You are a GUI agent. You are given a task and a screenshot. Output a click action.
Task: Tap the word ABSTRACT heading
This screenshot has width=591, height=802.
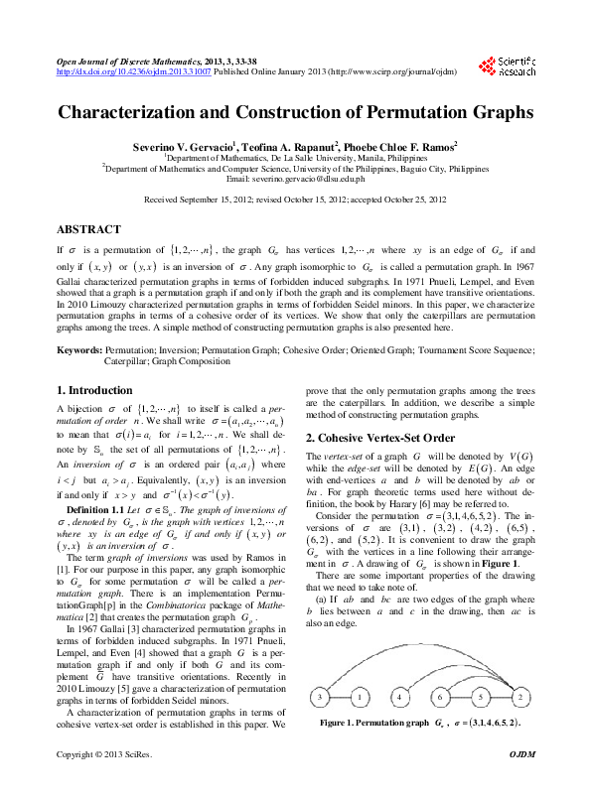click(x=89, y=229)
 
